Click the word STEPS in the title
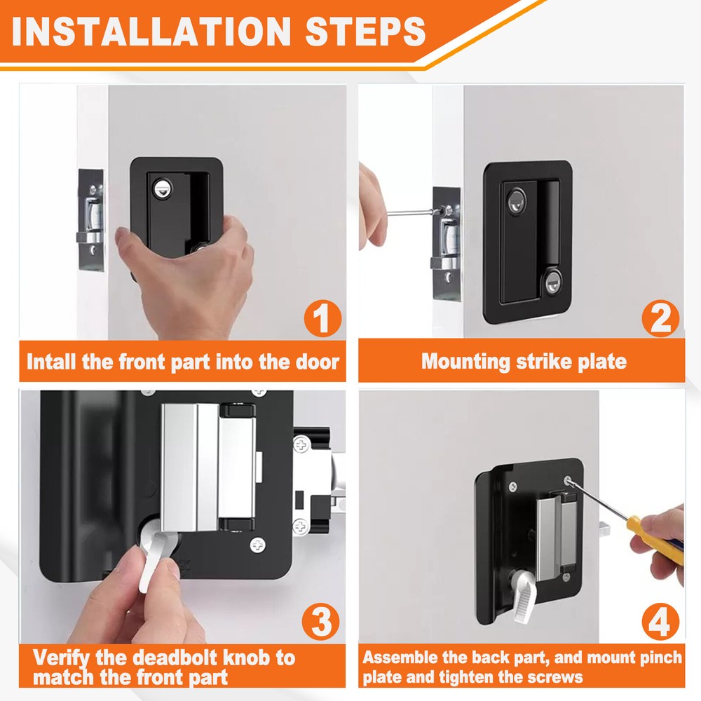click(365, 32)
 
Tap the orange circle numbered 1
click(322, 318)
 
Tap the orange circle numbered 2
click(660, 318)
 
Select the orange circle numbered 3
click(320, 621)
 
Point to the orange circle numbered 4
click(660, 621)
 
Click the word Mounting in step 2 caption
click(465, 361)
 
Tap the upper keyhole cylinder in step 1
click(163, 189)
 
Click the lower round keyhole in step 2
click(552, 282)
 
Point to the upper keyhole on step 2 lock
click(517, 200)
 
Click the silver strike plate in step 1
click(91, 219)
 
